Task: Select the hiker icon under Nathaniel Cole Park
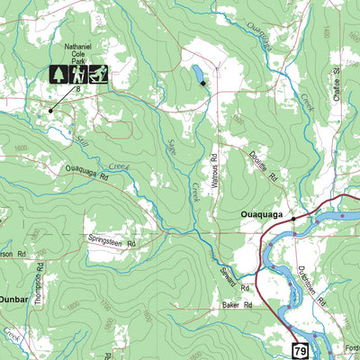[x=79, y=74]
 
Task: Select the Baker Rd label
[x=236, y=306]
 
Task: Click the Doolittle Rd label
[x=264, y=166]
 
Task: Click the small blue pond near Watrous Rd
[x=195, y=72]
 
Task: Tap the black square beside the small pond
[x=204, y=83]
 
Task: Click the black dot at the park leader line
[x=49, y=111]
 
